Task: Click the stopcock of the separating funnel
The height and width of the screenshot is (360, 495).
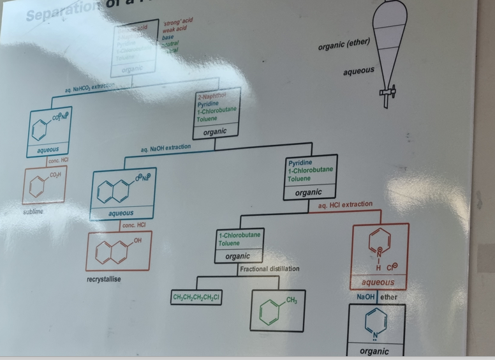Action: [385, 93]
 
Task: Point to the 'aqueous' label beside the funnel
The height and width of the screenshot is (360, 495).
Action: [358, 70]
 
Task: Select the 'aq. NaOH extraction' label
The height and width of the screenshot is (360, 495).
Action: [165, 147]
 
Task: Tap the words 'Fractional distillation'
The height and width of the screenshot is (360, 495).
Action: [270, 269]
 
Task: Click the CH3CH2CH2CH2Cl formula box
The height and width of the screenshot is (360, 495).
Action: [196, 298]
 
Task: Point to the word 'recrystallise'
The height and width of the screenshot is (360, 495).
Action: [104, 279]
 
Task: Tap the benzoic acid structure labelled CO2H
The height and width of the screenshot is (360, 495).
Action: [44, 184]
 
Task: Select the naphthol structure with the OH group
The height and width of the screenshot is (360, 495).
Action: [119, 251]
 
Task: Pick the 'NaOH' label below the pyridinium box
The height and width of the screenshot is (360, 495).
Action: [366, 297]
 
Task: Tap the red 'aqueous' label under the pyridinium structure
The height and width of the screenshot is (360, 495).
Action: [378, 282]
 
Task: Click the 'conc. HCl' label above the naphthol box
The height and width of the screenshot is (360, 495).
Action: [133, 225]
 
